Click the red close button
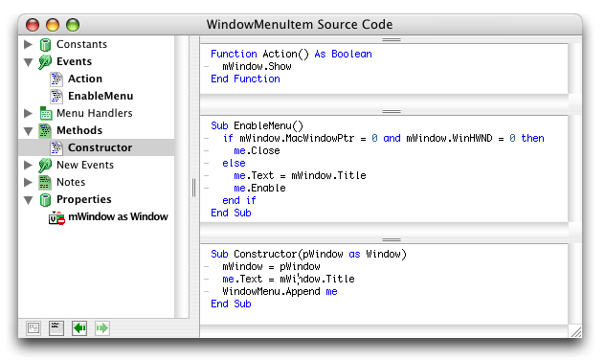point(33,25)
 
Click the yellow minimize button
point(53,25)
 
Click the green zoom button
point(73,25)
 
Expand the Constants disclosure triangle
point(28,44)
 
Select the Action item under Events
point(85,79)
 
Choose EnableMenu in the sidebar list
point(101,96)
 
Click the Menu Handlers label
point(94,113)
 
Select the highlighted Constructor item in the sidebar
point(100,147)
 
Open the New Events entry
point(85,165)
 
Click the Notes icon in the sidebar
point(45,182)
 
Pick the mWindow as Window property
point(118,216)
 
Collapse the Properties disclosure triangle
point(28,200)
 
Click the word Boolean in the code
point(351,54)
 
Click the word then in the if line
point(532,138)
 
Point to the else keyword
point(234,163)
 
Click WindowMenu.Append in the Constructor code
point(271,291)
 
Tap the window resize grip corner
point(576,332)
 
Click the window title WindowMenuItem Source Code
point(300,24)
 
